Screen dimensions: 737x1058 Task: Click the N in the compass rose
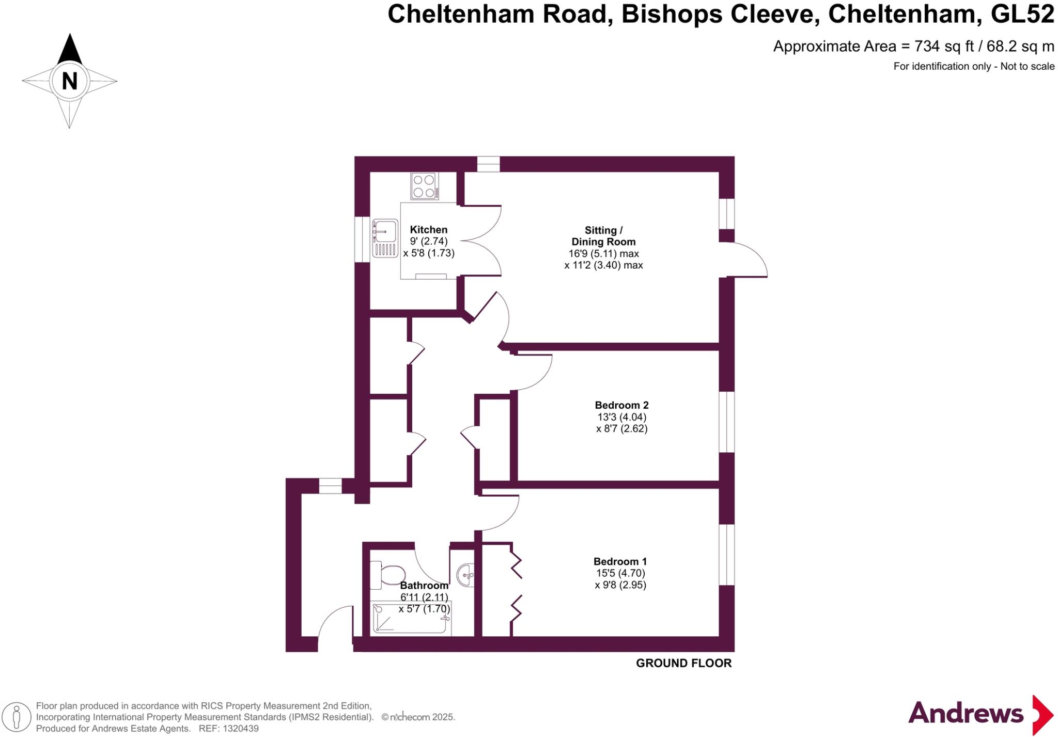(x=69, y=81)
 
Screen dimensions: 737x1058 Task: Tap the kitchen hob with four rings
(x=425, y=186)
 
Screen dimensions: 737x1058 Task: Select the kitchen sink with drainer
(x=385, y=238)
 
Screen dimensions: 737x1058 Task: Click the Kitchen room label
(x=428, y=229)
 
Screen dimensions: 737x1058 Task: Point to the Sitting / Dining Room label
(x=603, y=236)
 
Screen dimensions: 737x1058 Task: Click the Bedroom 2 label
(x=621, y=405)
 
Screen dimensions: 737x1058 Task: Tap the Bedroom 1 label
(x=620, y=561)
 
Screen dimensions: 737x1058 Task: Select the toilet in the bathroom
(x=388, y=575)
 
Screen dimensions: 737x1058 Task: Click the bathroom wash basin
(x=465, y=575)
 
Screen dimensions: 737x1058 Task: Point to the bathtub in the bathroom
(x=411, y=619)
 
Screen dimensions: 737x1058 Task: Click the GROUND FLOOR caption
(x=683, y=663)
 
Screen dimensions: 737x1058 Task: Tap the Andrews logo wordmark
(x=966, y=714)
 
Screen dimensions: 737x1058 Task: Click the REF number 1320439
(x=240, y=729)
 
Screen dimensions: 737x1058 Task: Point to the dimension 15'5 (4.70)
(x=620, y=573)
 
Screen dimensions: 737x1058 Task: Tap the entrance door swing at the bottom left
(x=335, y=625)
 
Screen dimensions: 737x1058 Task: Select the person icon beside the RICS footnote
(x=17, y=717)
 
